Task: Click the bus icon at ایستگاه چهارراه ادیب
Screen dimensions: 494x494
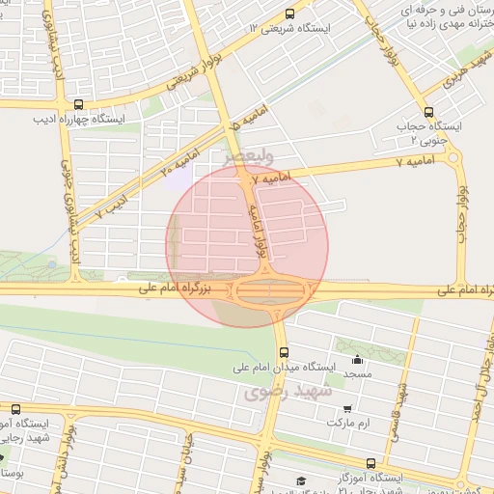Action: pyautogui.click(x=77, y=105)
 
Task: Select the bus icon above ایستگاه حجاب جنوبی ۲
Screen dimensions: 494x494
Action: pyautogui.click(x=428, y=110)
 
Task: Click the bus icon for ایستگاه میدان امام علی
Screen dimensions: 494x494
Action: pyautogui.click(x=282, y=350)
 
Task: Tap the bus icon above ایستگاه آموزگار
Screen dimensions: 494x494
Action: pyautogui.click(x=371, y=463)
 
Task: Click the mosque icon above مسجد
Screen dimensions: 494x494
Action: pyautogui.click(x=357, y=358)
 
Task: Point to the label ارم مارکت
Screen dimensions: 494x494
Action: pyautogui.click(x=349, y=424)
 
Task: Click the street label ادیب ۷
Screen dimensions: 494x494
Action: pyautogui.click(x=114, y=206)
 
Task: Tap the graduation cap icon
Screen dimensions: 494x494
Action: pyautogui.click(x=300, y=480)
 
